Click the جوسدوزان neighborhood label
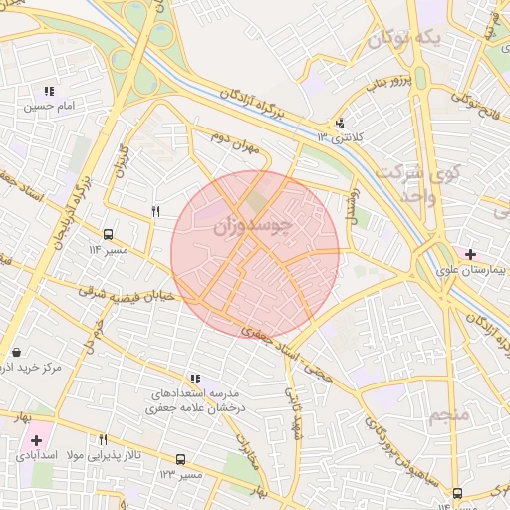253,226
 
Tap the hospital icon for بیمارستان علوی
470,255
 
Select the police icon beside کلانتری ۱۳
341,124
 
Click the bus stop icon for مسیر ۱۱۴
108,235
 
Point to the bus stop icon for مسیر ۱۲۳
180,459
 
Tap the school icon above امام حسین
49,92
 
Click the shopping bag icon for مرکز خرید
17,353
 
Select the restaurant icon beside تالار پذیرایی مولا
102,439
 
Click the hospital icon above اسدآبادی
36,439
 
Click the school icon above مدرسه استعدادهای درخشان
195,379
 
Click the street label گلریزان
125,163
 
